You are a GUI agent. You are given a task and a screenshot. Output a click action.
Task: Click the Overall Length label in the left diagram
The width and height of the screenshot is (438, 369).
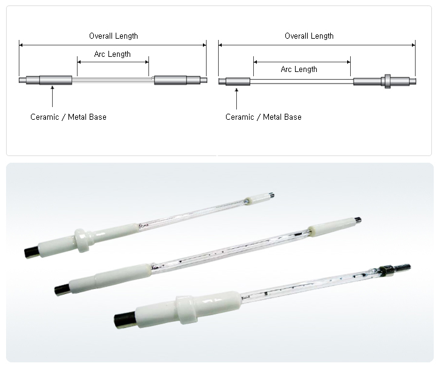point(113,36)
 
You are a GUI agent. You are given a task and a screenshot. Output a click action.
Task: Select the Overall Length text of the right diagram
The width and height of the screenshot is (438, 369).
point(309,36)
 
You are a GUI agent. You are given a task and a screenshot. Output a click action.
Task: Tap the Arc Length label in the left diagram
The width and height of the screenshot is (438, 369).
point(112,54)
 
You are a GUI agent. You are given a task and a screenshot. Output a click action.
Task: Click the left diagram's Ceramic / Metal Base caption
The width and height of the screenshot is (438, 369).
point(68,117)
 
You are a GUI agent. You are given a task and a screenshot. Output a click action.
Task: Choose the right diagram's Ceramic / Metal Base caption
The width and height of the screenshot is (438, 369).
point(263,117)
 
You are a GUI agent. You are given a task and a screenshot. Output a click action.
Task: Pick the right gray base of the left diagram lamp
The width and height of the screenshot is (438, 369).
point(171,80)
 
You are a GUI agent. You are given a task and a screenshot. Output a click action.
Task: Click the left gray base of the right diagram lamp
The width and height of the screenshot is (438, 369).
point(237,81)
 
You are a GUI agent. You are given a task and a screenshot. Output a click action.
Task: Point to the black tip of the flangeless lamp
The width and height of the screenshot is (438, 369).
point(61,290)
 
